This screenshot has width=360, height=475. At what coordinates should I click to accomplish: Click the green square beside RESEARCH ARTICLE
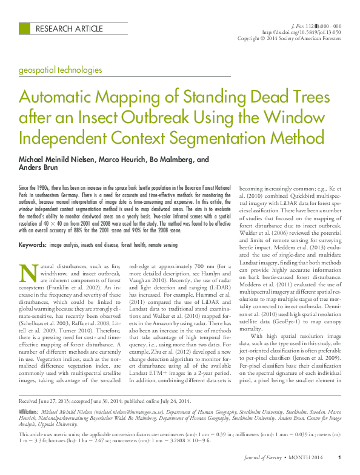[24, 28]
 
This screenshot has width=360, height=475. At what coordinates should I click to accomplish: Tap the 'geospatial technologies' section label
[61, 70]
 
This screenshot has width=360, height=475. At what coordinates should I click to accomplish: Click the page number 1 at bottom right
[340, 457]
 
